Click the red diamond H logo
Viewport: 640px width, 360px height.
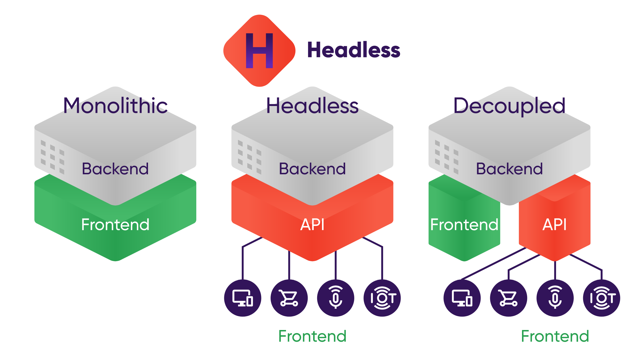[259, 51]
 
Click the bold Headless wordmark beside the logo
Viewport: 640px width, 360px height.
[354, 50]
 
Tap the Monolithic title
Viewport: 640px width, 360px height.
[115, 106]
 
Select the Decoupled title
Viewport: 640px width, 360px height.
[509, 106]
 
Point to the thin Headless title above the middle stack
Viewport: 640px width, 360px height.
[312, 106]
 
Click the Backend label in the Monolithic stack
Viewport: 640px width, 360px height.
[115, 169]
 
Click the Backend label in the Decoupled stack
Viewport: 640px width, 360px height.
[509, 169]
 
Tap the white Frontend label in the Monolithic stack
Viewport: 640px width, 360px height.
[115, 225]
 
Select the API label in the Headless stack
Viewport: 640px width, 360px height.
[312, 225]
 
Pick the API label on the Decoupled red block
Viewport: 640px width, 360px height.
[555, 225]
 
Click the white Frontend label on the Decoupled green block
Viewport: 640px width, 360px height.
[464, 225]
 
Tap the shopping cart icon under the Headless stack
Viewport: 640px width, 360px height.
[289, 298]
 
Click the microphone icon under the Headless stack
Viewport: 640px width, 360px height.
[336, 298]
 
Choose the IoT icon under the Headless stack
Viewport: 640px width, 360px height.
[382, 298]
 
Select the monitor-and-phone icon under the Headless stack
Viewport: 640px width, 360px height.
[243, 298]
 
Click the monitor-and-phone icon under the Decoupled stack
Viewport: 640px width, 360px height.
[462, 298]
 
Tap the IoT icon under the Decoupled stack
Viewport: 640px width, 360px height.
[602, 298]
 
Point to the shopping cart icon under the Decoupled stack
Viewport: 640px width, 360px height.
[509, 298]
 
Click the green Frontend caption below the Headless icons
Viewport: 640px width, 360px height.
[312, 336]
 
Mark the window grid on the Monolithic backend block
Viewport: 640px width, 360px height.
[53, 157]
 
